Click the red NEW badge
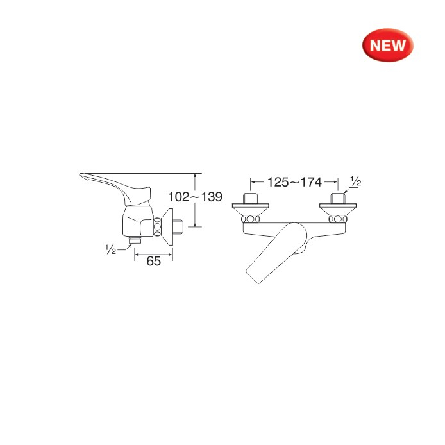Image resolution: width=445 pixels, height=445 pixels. (x=388, y=45)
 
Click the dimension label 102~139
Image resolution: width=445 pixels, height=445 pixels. (x=196, y=197)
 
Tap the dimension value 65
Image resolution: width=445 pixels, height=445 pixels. (x=153, y=261)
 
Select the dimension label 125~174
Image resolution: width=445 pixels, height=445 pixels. (x=294, y=182)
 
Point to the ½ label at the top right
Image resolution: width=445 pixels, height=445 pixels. (x=356, y=181)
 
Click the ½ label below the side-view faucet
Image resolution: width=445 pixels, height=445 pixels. (x=110, y=249)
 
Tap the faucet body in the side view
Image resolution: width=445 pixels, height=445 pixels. (x=138, y=221)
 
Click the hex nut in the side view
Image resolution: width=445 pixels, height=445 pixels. (x=157, y=227)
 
